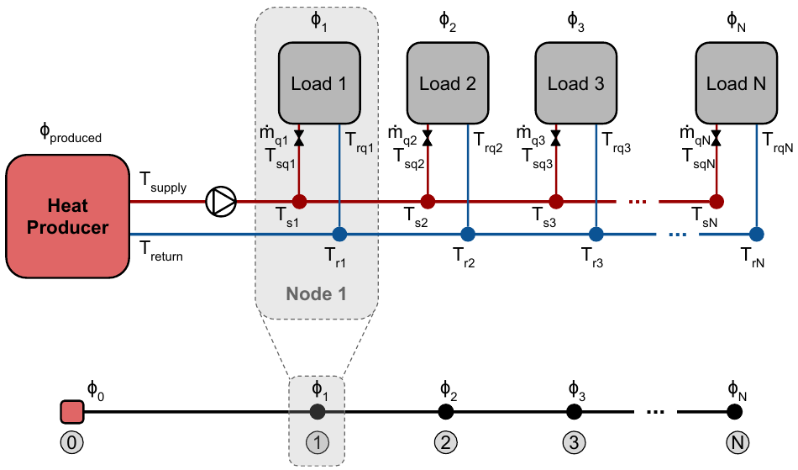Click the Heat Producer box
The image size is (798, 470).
(68, 214)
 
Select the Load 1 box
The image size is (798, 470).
(319, 83)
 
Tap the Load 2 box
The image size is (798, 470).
(448, 83)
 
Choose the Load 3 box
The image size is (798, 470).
(576, 83)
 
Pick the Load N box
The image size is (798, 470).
(737, 83)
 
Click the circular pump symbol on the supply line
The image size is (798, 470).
(222, 201)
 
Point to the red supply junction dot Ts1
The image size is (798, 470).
(299, 201)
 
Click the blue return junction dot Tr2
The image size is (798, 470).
(468, 233)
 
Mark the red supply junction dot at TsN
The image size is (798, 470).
(716, 201)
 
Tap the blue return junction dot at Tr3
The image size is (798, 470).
(596, 233)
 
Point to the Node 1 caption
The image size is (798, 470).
(316, 294)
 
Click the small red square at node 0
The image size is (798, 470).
(72, 412)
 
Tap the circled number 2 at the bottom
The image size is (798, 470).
(445, 441)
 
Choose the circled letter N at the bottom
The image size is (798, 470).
(737, 441)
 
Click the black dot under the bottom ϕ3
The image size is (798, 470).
(574, 412)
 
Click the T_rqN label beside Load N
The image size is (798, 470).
(778, 144)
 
